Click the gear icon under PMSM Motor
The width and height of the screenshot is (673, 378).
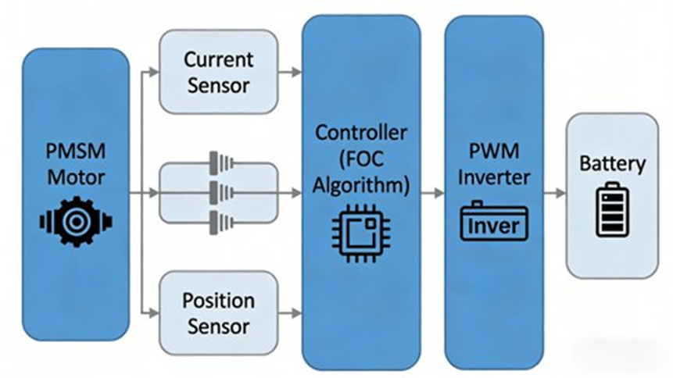(x=75, y=222)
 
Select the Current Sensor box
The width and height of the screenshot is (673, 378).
(x=218, y=71)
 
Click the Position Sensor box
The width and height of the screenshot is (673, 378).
(x=218, y=312)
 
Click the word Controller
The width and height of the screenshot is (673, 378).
(x=361, y=132)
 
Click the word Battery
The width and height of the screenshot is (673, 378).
(x=612, y=164)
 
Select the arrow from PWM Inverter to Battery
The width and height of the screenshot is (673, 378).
(x=554, y=192)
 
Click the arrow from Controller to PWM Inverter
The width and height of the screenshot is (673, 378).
(x=432, y=192)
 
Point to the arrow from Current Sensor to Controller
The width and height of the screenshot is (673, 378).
(x=290, y=72)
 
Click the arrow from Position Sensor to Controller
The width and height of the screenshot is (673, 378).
(x=290, y=313)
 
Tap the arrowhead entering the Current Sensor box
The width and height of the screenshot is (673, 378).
(x=153, y=72)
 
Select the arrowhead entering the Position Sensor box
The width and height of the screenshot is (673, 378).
(x=153, y=313)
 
